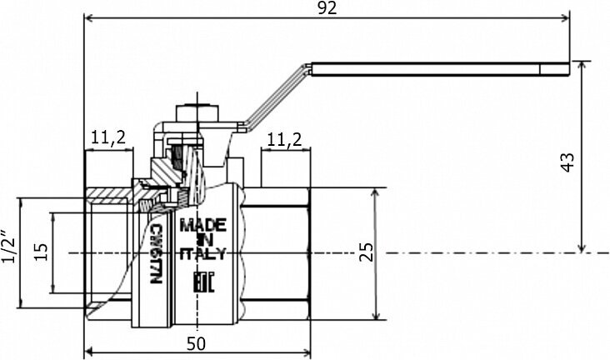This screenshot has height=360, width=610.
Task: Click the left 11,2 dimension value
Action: click(108, 138)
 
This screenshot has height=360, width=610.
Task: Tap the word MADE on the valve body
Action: click(203, 225)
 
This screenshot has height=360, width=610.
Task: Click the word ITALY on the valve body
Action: click(203, 256)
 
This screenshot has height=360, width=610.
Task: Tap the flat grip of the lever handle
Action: click(442, 67)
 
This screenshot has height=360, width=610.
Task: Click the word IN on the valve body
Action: click(202, 241)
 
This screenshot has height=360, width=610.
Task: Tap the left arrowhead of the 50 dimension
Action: click(90, 350)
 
